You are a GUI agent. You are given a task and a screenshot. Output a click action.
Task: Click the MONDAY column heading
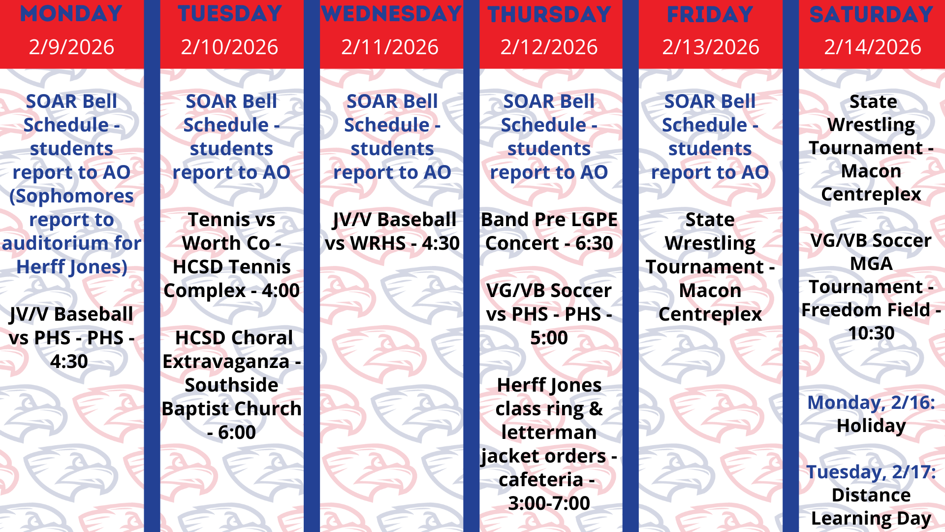[71, 14]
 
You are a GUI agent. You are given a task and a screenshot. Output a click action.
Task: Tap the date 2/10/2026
[230, 47]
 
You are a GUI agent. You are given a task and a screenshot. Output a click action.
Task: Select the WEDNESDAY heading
[392, 14]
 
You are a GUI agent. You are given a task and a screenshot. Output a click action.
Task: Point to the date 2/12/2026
[549, 47]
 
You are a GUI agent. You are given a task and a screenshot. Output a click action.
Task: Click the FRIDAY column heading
[710, 14]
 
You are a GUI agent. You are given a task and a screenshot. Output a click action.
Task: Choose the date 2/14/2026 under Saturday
[873, 47]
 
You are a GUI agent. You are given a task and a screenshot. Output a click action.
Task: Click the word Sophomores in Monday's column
[72, 197]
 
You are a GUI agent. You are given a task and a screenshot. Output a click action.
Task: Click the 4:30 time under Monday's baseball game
[69, 362]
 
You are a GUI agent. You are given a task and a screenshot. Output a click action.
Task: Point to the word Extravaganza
[226, 362]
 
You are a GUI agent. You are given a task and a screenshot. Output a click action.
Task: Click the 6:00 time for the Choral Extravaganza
[237, 432]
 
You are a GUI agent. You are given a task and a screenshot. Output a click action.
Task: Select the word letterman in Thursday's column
[549, 432]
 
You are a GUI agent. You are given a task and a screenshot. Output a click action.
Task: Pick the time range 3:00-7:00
[549, 503]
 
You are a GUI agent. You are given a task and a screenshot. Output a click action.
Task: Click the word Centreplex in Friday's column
[710, 314]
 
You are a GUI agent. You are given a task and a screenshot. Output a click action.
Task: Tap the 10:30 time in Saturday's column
[871, 333]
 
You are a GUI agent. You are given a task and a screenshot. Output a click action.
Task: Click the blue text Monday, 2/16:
[871, 402]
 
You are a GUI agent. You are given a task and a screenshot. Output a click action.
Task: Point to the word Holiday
[871, 426]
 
